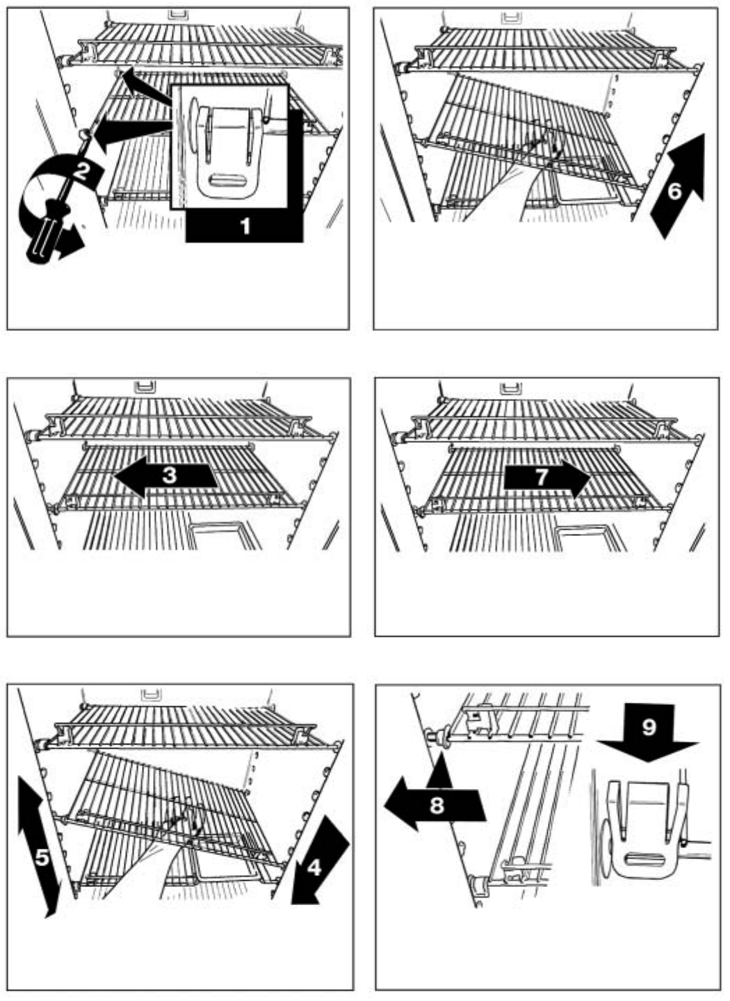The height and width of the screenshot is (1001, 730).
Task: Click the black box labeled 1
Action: click(x=244, y=227)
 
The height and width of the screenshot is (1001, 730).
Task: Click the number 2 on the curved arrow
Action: click(x=81, y=171)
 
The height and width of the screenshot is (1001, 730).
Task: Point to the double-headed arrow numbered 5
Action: click(x=42, y=856)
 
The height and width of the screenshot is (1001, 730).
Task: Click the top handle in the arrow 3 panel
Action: click(x=145, y=384)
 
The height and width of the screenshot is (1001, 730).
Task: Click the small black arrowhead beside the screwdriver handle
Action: click(x=70, y=248)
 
